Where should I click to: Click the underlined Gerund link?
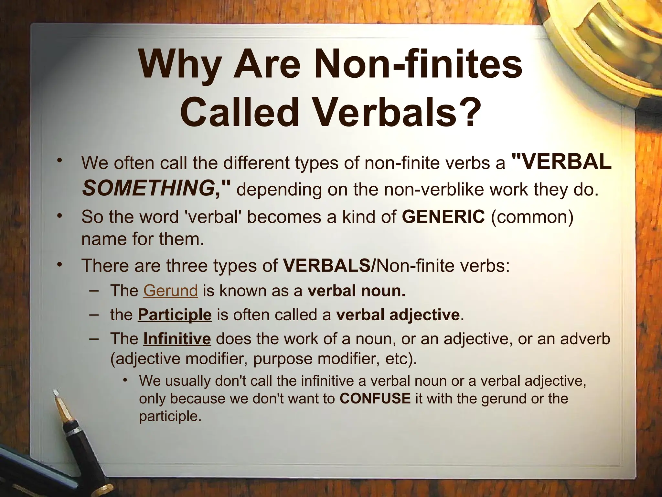(x=170, y=291)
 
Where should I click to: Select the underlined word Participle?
(x=175, y=315)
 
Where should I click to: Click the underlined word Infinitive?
(x=177, y=339)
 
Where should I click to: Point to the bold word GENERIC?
(x=443, y=216)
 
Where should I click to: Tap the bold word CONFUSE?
(x=375, y=398)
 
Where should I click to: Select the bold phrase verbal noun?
(x=356, y=291)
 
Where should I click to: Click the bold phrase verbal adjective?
(x=398, y=315)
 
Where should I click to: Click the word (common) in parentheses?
(x=532, y=216)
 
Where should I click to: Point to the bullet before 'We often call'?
(x=59, y=161)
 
